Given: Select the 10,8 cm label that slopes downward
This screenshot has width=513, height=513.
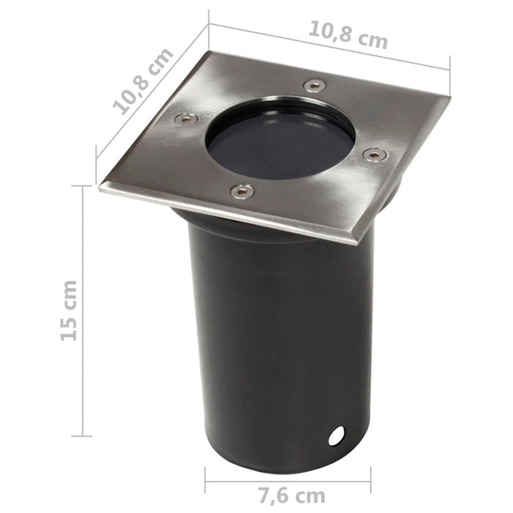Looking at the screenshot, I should (347, 34).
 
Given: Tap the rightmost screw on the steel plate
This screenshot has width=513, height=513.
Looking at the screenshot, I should (374, 155).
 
